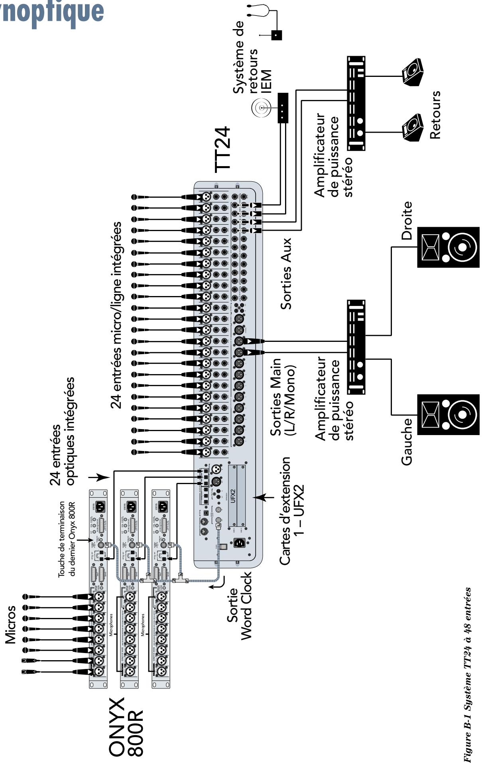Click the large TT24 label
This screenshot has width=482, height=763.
click(x=222, y=150)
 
